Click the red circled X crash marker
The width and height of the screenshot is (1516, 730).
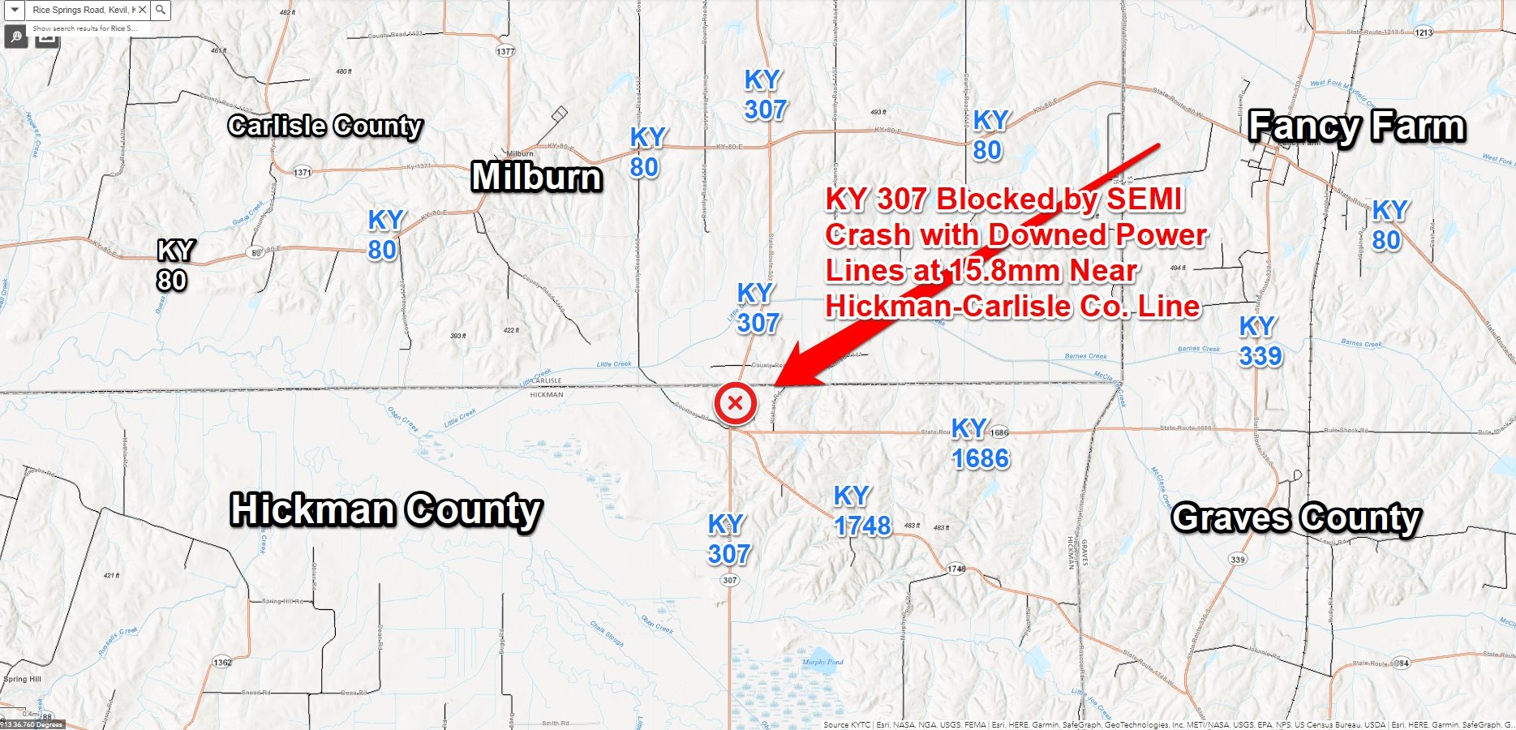(x=735, y=403)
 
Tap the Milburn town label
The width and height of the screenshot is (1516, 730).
(x=537, y=177)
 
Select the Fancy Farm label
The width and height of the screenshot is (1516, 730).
(x=1357, y=127)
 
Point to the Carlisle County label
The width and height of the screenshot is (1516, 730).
(x=325, y=126)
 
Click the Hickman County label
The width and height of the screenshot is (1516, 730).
(x=386, y=510)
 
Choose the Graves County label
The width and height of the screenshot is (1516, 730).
(x=1296, y=517)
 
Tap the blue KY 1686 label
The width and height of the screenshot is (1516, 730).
(x=980, y=444)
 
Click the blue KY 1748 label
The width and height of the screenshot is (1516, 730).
(x=861, y=511)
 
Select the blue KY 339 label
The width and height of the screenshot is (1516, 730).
(x=1260, y=341)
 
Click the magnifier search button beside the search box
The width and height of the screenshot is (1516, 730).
(x=161, y=10)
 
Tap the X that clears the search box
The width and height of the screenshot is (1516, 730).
(x=143, y=10)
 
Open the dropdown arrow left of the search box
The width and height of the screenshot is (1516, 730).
(x=15, y=10)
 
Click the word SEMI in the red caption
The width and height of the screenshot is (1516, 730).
(x=1144, y=200)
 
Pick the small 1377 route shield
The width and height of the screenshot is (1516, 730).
(x=505, y=51)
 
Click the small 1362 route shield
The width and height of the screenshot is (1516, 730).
(x=222, y=663)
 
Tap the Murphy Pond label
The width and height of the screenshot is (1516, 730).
(x=822, y=662)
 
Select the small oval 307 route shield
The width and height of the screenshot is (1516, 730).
(x=729, y=580)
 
